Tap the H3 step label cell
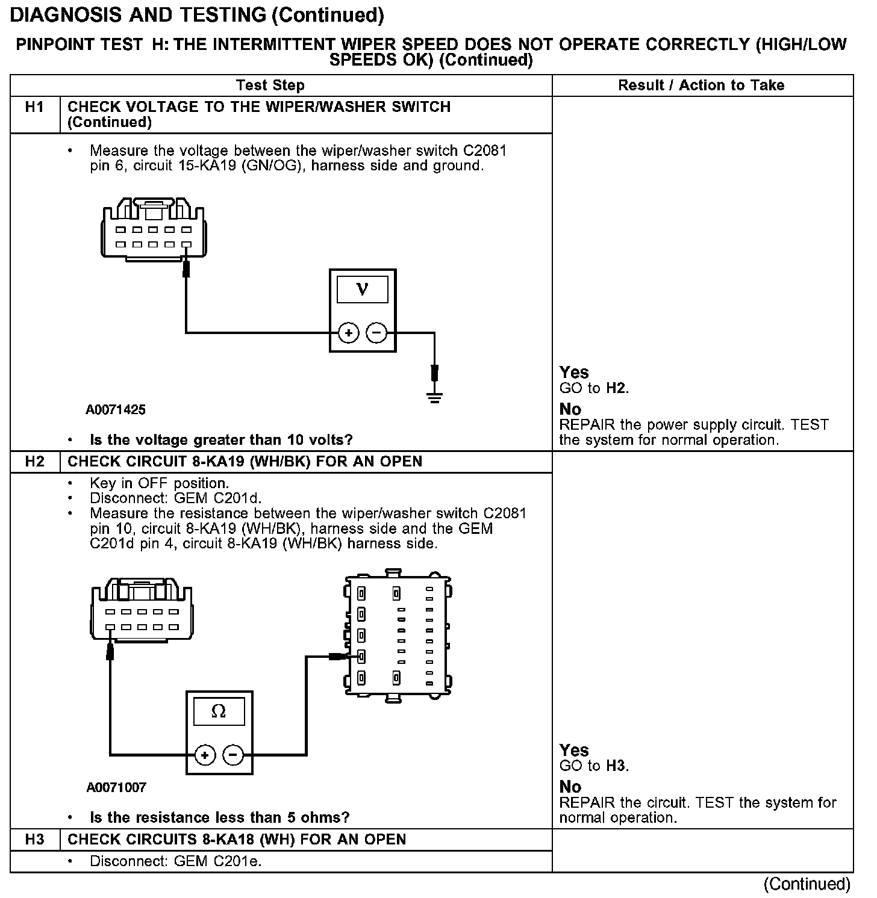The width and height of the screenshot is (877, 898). (35, 840)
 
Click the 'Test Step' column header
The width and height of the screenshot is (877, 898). (270, 85)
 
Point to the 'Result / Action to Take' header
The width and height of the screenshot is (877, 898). (701, 85)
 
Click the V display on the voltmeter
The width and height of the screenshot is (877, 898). (362, 289)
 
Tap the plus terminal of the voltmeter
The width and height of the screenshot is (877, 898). (348, 333)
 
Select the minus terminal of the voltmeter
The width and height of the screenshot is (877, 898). (376, 333)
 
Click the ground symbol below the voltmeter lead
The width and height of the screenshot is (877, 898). (435, 397)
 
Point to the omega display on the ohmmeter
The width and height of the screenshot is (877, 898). (219, 711)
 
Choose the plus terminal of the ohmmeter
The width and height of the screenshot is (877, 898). (205, 755)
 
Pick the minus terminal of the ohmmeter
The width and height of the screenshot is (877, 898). (234, 755)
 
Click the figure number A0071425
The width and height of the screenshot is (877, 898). (116, 410)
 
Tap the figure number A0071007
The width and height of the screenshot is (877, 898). (116, 787)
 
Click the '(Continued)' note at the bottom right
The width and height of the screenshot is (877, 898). (807, 884)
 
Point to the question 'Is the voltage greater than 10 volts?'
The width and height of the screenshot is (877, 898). (221, 440)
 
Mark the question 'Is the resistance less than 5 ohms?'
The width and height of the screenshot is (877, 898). (219, 817)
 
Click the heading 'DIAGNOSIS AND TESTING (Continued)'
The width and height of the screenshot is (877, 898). (197, 15)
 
